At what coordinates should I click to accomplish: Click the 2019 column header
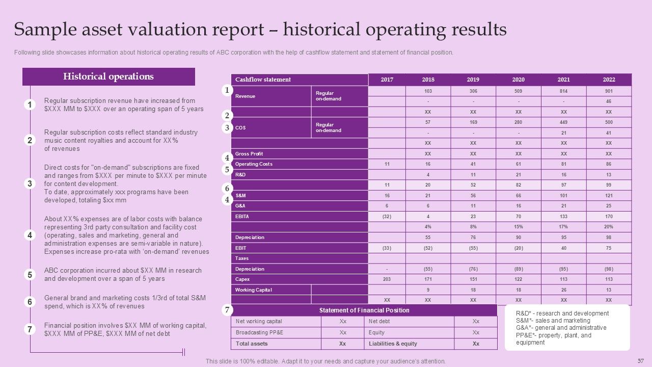tap(473, 80)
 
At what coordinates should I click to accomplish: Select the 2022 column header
tap(609, 80)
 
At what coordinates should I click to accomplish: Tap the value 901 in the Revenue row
tap(609, 91)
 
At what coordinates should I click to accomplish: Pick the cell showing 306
tap(473, 91)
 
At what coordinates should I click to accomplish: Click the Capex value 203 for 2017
tap(387, 279)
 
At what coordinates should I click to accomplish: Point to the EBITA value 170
tap(609, 217)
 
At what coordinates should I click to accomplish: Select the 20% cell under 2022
tap(609, 227)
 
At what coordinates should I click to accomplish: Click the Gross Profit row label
tap(249, 154)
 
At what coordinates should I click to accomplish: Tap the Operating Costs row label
tap(254, 164)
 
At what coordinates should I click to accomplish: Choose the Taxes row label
tap(242, 258)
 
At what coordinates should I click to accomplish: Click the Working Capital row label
tap(253, 290)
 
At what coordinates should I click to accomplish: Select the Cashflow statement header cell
tap(263, 80)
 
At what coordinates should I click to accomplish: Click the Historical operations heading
tap(108, 77)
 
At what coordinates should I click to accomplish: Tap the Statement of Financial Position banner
tap(364, 310)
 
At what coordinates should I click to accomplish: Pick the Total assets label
tap(252, 344)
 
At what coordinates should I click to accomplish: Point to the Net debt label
tap(379, 322)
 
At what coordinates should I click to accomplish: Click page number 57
tap(641, 361)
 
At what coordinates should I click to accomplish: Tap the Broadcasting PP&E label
tap(259, 332)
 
